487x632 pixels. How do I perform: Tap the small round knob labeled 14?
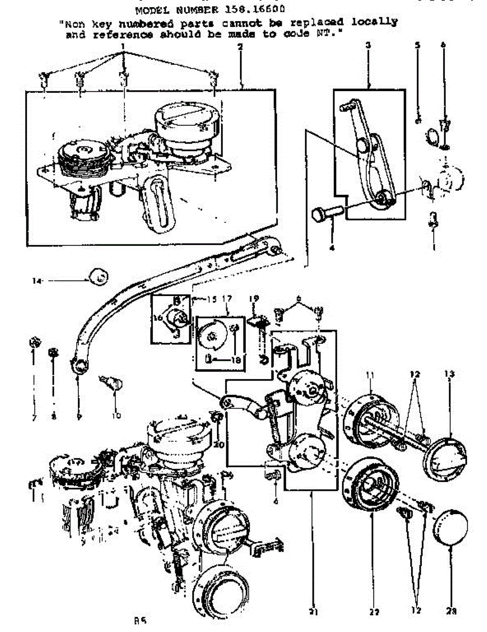[97, 275]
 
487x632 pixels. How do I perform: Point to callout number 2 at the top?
[240, 46]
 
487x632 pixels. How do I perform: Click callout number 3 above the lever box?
[368, 46]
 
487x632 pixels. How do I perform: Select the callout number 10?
[115, 416]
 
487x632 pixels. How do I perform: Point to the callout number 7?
[33, 417]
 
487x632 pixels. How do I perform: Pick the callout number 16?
[157, 318]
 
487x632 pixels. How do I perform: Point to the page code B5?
[140, 621]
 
